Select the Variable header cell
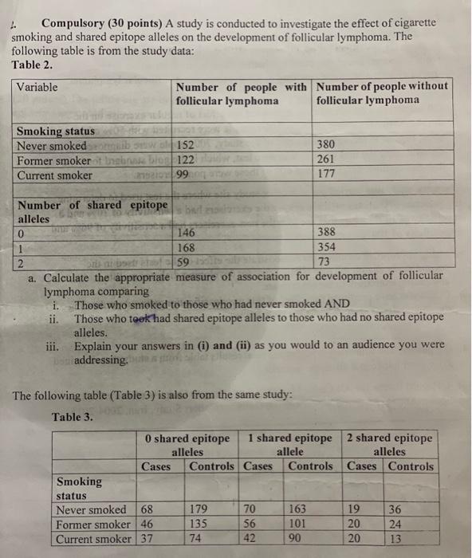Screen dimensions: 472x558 (37, 87)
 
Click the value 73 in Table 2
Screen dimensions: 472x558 (325, 261)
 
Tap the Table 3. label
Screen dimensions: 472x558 (73, 417)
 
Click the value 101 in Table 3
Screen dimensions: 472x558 (297, 525)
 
